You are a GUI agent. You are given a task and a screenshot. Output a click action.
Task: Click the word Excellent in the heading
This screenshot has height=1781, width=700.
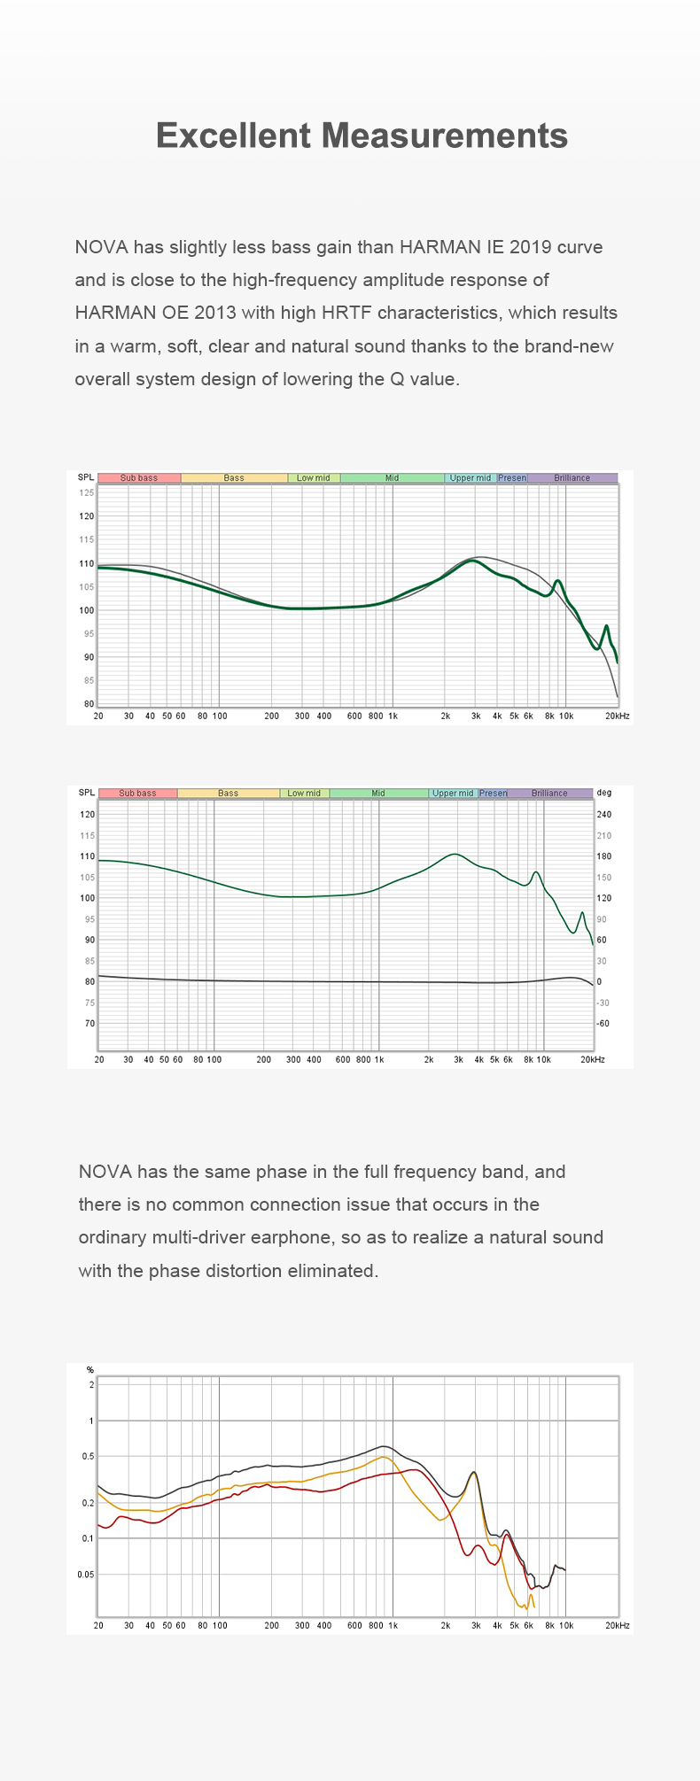pos(233,136)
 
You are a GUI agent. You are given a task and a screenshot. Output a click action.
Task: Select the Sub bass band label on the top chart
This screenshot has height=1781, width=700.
pos(139,478)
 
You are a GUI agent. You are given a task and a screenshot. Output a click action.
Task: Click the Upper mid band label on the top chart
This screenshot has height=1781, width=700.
pos(471,478)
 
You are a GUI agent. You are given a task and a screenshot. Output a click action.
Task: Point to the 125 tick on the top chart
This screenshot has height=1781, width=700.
pos(86,492)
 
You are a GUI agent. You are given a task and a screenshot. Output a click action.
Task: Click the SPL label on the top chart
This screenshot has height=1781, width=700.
pos(85,478)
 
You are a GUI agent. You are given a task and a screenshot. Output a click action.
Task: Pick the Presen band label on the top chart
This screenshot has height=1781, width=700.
pos(512,478)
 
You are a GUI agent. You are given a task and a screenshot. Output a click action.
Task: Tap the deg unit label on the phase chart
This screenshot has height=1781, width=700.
pos(604,793)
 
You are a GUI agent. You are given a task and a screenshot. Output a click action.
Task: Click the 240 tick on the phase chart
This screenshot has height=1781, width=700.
pos(604,815)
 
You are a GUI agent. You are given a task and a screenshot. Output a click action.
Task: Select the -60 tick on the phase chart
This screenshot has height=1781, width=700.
pos(604,1024)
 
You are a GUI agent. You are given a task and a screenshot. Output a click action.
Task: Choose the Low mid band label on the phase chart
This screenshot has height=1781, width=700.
pos(304,794)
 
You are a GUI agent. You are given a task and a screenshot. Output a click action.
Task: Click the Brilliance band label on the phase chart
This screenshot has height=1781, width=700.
pos(549,794)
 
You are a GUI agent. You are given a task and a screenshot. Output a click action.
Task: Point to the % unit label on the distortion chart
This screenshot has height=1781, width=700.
pos(89,1370)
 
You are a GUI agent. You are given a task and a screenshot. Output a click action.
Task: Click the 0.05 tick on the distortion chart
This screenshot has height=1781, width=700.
pos(85,1574)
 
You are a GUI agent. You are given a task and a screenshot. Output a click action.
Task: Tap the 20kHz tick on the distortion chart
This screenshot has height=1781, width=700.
pos(618,1626)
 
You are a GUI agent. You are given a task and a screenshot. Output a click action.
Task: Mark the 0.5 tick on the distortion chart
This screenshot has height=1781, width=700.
pos(87,1456)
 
